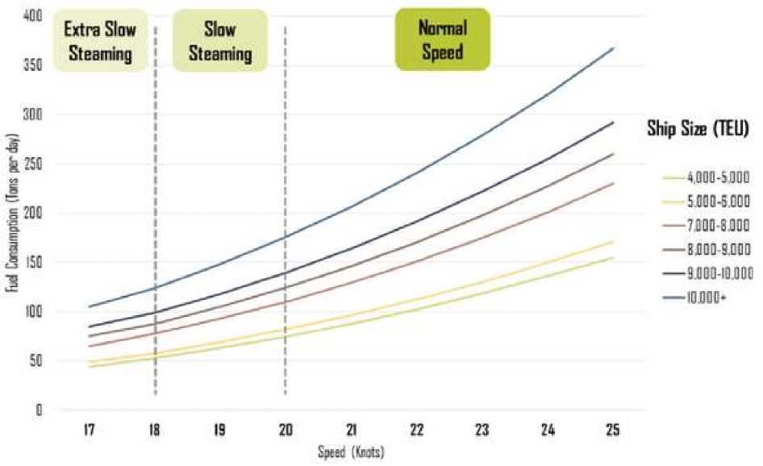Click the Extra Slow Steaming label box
[101, 41]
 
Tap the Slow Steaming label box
[219, 41]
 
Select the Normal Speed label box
[441, 40]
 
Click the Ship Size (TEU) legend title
[699, 128]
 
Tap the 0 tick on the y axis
[38, 410]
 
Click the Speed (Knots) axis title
[350, 452]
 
